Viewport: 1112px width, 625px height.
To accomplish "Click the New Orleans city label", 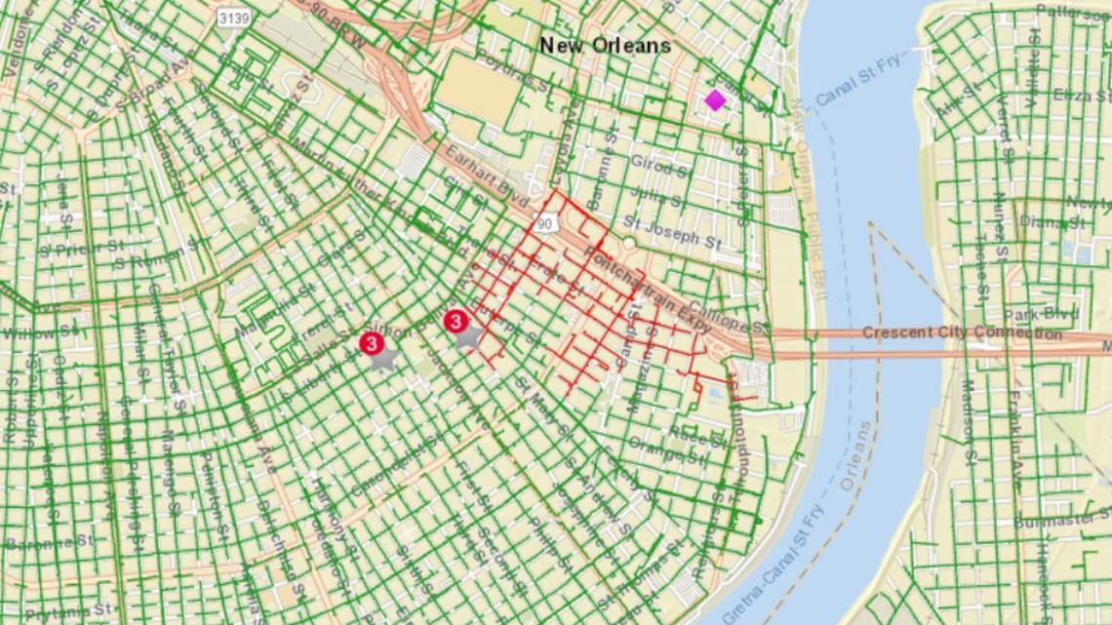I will point(605,45).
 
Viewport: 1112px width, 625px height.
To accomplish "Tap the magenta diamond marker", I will point(715,100).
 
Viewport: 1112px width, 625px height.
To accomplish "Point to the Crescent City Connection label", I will point(962,333).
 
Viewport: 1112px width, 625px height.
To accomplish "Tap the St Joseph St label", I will point(672,229).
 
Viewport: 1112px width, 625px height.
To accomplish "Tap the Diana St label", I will point(1052,220).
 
